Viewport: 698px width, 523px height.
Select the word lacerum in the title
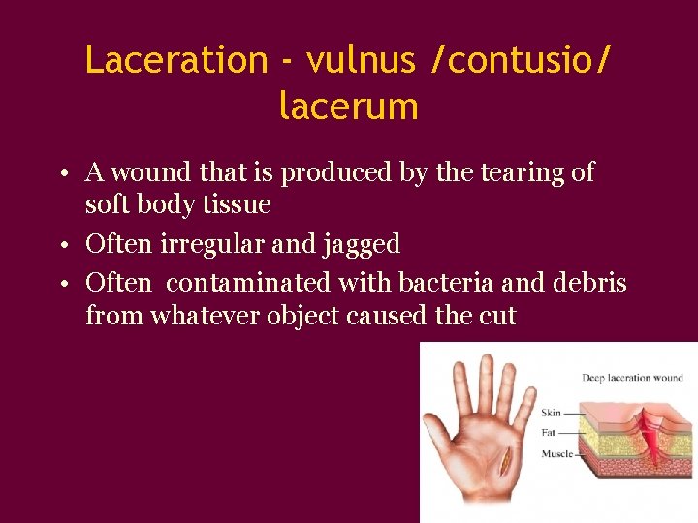pyautogui.click(x=348, y=106)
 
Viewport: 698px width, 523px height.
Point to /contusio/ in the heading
pyautogui.click(x=523, y=60)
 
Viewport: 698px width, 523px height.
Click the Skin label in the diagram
pyautogui.click(x=551, y=413)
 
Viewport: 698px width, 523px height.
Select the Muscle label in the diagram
pyautogui.click(x=556, y=452)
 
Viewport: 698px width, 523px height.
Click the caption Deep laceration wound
pyautogui.click(x=632, y=378)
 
